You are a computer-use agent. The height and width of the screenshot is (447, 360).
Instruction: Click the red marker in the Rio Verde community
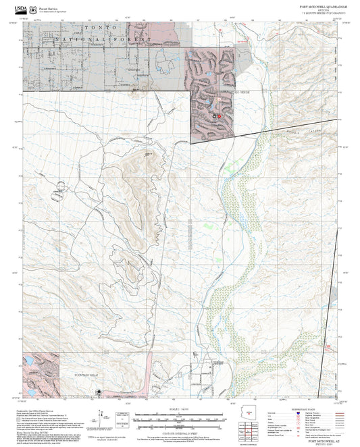(x=219, y=115)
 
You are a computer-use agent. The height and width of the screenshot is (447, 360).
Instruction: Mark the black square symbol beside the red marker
(x=214, y=116)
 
